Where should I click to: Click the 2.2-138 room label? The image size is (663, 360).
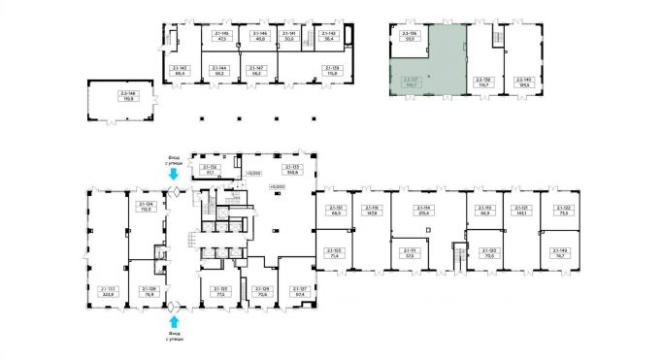point(481,84)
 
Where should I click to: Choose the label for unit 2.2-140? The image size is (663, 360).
point(524,84)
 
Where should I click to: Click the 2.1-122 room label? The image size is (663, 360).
point(560,211)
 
